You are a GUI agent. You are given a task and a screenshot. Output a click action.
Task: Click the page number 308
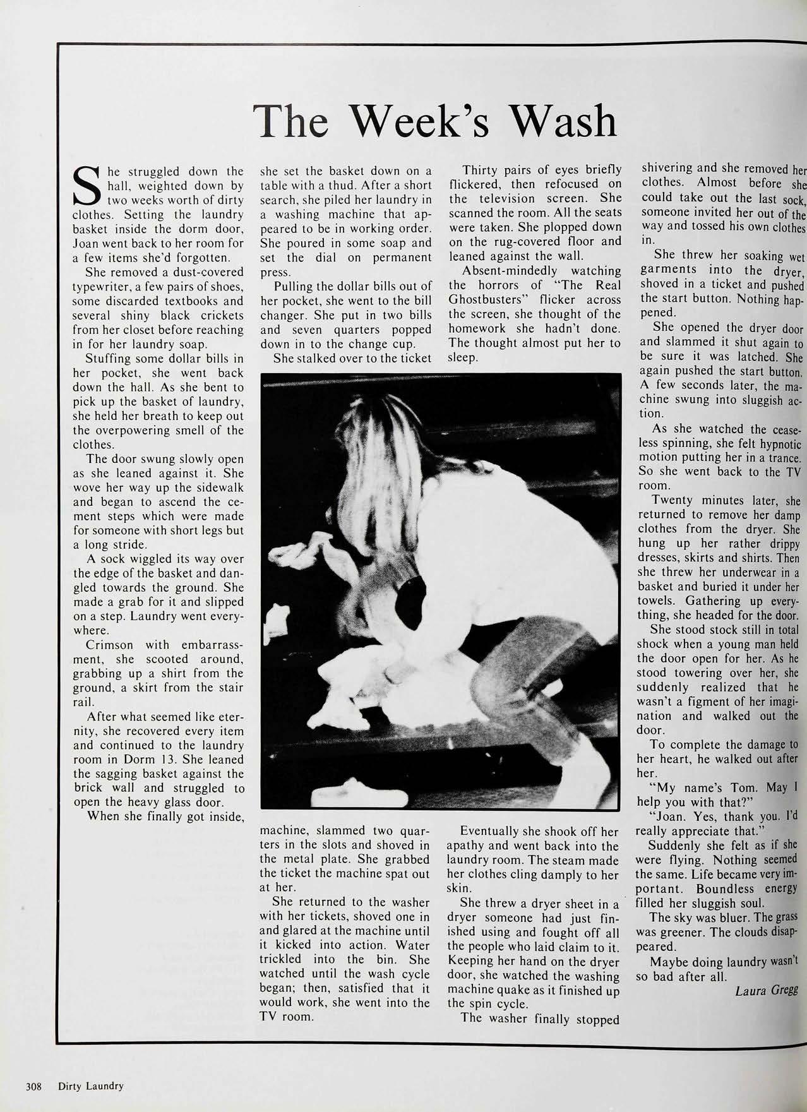(x=33, y=1086)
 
